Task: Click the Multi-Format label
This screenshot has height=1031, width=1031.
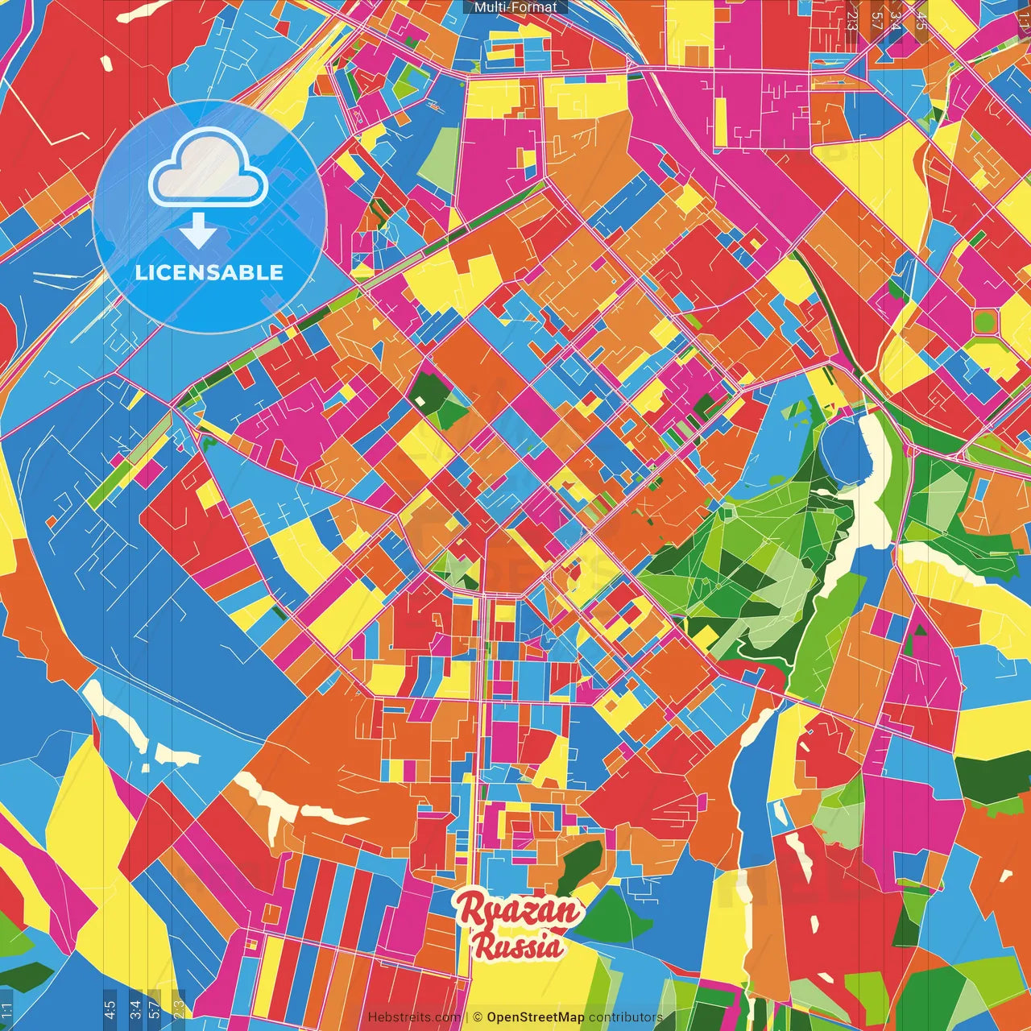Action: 515,7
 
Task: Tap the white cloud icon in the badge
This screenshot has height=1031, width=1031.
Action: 209,171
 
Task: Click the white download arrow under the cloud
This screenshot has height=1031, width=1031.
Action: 197,230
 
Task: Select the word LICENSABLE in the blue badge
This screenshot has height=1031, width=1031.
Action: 209,272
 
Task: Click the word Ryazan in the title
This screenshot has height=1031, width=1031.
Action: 518,911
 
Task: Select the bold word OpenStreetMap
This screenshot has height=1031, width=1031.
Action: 535,1017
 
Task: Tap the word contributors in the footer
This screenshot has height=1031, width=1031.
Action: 625,1017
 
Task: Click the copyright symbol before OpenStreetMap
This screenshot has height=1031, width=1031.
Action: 478,1017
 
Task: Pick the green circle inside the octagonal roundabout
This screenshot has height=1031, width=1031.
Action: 984,322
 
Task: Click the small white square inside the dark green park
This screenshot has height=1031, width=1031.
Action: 420,400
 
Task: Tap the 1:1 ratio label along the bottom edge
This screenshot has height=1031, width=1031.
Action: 6,1009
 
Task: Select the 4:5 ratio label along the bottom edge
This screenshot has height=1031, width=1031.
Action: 110,1009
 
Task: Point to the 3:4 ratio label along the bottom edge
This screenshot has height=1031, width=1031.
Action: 135,1009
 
